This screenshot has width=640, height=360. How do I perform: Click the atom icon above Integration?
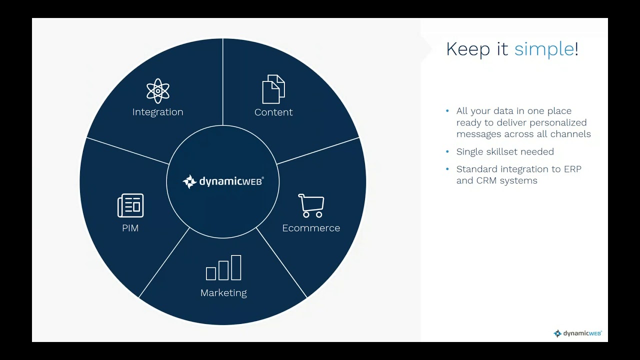coord(158,90)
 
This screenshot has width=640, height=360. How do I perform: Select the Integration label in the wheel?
coord(158,112)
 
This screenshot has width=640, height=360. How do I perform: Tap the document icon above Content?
coord(273,89)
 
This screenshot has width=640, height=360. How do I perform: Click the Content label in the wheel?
coord(273,112)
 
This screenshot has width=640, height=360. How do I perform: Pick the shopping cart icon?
coord(311,205)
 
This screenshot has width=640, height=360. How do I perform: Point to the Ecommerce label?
coord(311,228)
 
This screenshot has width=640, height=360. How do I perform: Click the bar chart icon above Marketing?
coord(223,267)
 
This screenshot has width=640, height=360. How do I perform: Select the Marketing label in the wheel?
coord(223,293)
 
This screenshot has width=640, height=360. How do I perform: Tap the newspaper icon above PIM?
coord(130,205)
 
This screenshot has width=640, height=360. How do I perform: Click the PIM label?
coord(130,228)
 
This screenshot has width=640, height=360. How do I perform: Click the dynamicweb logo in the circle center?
coord(223,181)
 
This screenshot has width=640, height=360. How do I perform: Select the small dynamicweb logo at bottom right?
coord(577,333)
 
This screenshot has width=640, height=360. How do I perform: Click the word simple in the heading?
coord(544,49)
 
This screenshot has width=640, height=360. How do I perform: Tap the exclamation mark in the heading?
coord(576,49)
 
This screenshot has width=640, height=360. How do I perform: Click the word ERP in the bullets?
coord(572,169)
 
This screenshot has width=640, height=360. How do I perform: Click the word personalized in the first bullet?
coord(558,122)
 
